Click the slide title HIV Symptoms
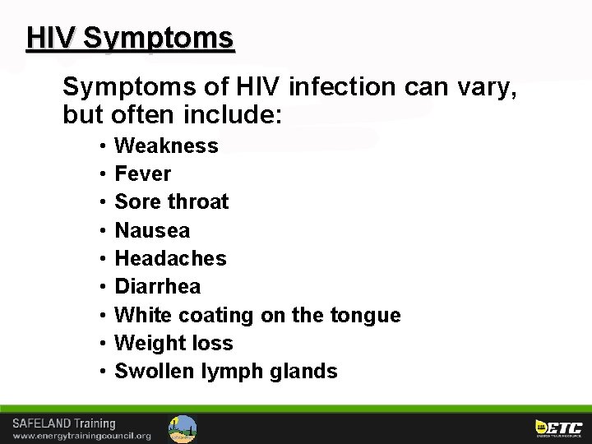(x=130, y=38)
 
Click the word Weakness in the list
(x=166, y=146)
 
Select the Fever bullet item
(x=142, y=174)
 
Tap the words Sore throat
(x=171, y=202)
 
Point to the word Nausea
(x=152, y=230)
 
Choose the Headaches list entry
(x=170, y=258)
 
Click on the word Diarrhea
(x=157, y=287)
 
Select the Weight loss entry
(x=173, y=344)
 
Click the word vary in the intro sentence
(x=486, y=88)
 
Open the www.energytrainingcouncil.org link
(x=81, y=436)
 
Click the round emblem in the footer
(x=183, y=428)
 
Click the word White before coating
(x=144, y=316)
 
